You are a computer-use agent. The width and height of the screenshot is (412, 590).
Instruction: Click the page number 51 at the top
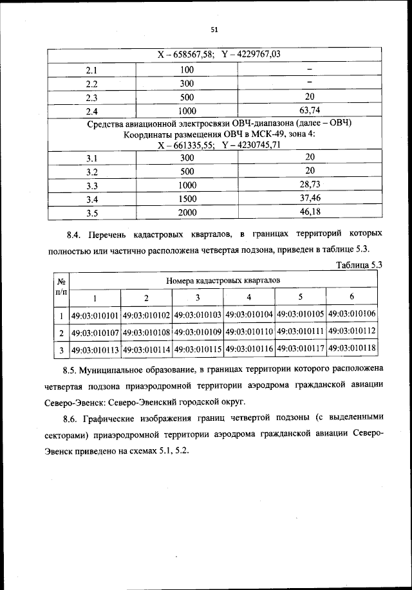click(x=215, y=29)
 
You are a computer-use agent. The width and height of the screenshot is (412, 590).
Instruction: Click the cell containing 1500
click(x=187, y=198)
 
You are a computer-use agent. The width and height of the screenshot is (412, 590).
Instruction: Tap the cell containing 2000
click(x=187, y=212)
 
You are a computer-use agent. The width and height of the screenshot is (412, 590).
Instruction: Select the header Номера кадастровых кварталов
click(x=223, y=281)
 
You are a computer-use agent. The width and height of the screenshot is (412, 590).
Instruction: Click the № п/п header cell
click(x=61, y=287)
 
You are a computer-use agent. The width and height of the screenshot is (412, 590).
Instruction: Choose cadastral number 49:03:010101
click(x=95, y=315)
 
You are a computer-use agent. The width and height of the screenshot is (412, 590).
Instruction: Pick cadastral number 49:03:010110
click(x=249, y=332)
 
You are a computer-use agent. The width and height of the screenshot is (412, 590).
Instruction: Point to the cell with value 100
click(x=187, y=69)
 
